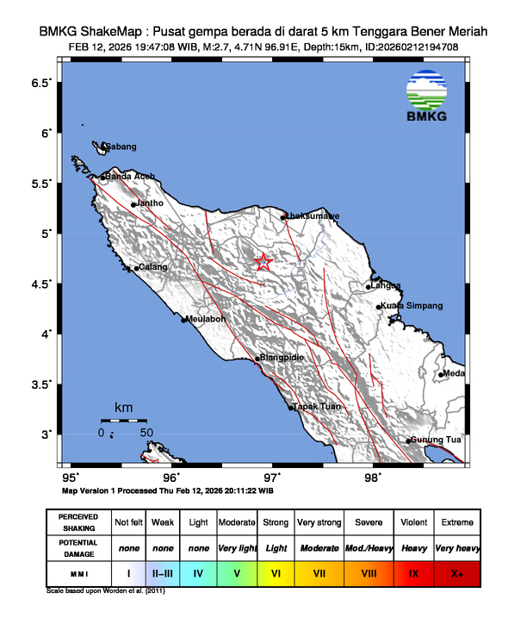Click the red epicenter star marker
click(263, 262)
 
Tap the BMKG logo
click(427, 97)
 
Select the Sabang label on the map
click(121, 147)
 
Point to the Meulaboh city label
click(207, 318)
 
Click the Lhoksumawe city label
click(313, 215)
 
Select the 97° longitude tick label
click(272, 477)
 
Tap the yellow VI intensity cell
click(276, 572)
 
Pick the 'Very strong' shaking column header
click(319, 523)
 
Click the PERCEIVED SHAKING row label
click(78, 523)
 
